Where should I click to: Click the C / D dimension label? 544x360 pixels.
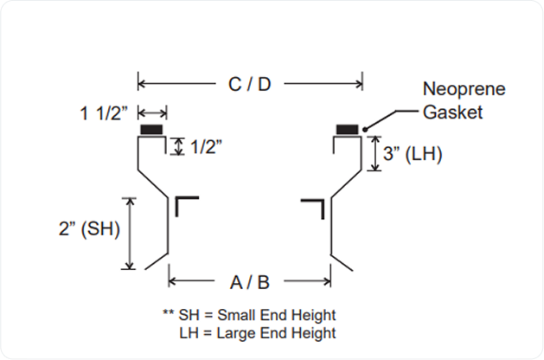point(249,84)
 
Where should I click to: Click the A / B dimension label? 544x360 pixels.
point(249,280)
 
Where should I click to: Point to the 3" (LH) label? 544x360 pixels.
point(413,154)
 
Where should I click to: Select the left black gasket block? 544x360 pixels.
point(152,130)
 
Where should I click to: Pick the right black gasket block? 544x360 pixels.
point(349,130)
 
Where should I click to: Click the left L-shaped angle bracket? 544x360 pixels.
point(186,205)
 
